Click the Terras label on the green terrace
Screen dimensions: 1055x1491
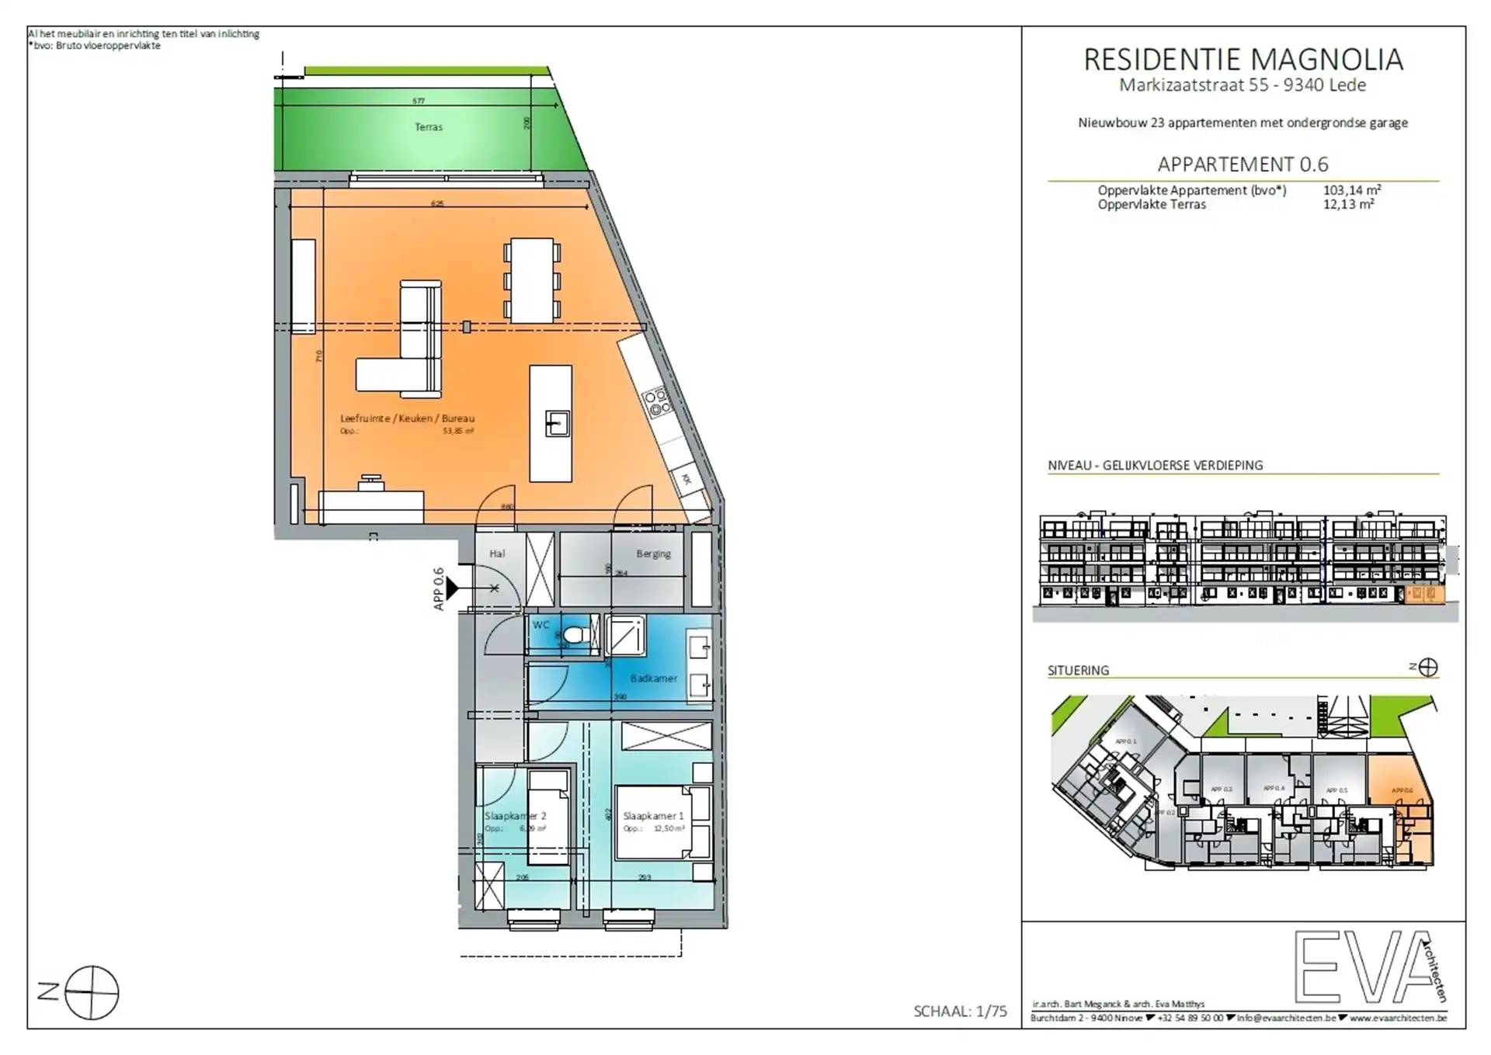428,127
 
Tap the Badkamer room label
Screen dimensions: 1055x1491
653,678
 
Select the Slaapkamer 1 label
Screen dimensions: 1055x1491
653,816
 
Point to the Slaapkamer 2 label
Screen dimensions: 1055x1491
515,816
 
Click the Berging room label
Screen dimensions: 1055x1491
653,554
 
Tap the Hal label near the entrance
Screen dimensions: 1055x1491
497,554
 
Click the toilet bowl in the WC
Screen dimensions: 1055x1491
575,634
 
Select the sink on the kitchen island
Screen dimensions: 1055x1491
557,424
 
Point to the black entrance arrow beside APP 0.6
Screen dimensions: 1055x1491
452,588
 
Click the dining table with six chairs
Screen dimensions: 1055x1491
532,280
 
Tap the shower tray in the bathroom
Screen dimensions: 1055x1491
625,636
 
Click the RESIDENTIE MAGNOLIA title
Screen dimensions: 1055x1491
1242,60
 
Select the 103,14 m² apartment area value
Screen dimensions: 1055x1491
1351,190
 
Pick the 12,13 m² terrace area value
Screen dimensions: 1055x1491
1348,205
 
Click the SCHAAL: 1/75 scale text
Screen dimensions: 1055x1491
960,1011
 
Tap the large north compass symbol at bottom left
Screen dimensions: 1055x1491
92,992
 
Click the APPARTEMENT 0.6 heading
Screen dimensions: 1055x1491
1242,165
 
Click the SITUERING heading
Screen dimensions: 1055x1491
1078,670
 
